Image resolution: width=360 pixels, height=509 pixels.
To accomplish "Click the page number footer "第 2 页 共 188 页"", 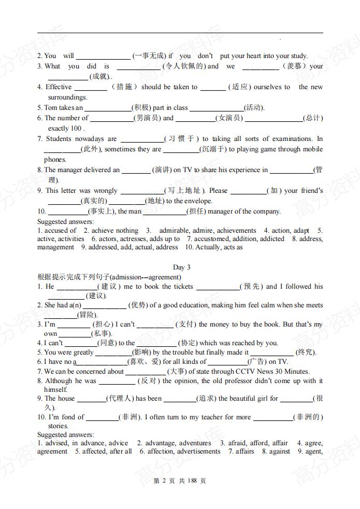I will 180,481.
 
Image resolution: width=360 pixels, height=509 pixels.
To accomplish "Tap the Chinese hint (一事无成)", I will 149,56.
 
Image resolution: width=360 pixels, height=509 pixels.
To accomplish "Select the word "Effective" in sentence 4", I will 59,87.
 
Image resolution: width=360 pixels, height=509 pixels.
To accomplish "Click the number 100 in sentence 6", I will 76,129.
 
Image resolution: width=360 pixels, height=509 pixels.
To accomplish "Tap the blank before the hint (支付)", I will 155,325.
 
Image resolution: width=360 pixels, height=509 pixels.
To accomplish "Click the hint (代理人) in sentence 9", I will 120,399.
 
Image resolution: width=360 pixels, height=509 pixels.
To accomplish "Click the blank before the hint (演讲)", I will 136,170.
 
